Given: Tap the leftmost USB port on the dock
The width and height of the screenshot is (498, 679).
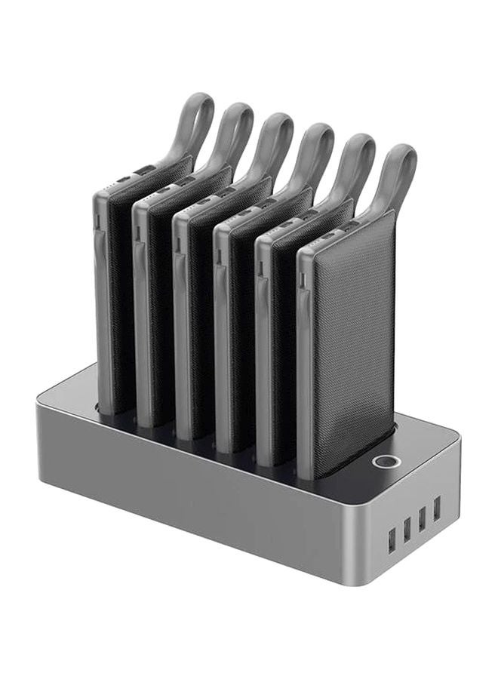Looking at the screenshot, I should [391, 540].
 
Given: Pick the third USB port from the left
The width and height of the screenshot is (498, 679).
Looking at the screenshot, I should [422, 520].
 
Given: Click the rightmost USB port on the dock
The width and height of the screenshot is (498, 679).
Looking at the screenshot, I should [436, 510].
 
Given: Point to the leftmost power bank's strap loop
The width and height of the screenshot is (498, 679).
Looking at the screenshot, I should [195, 121].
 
